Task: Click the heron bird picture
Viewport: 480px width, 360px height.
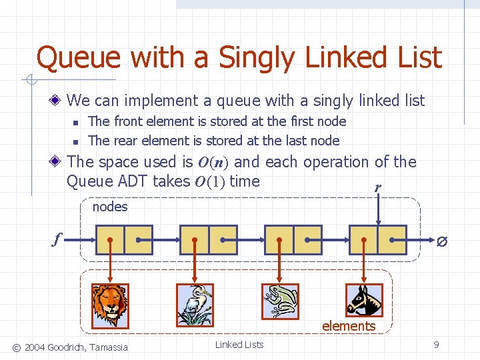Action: (194, 304)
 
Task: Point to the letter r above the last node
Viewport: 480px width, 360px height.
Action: (377, 188)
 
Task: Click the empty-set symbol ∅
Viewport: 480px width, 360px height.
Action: (441, 241)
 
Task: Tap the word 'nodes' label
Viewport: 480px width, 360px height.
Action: (110, 207)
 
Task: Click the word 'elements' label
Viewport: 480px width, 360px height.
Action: (349, 326)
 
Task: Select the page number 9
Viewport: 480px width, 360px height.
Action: (436, 345)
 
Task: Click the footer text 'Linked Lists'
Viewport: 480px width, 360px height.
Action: (239, 345)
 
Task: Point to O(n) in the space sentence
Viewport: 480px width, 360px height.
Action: (213, 162)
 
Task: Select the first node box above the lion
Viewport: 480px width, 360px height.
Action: (124, 240)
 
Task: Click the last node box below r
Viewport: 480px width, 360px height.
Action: (378, 240)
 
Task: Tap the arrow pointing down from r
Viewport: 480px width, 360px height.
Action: (378, 210)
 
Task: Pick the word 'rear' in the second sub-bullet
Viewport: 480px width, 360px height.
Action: (124, 141)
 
